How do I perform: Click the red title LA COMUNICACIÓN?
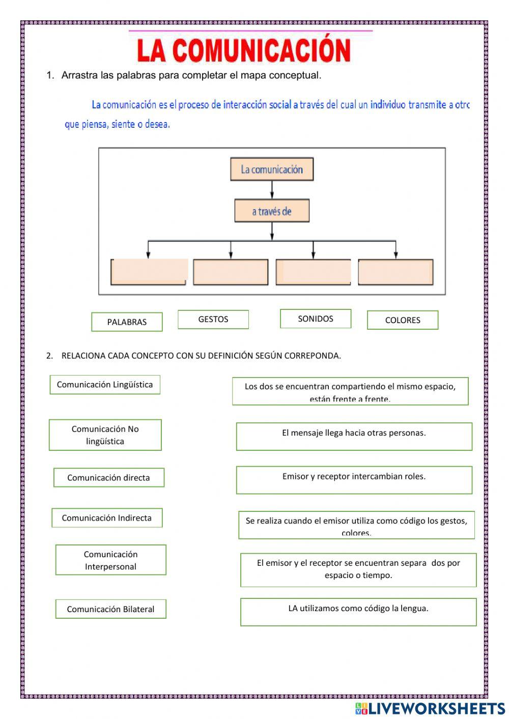[x=244, y=50]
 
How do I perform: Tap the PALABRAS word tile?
[x=127, y=322]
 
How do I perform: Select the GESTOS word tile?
[x=213, y=320]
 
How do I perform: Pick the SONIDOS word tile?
[x=316, y=319]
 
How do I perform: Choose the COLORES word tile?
[x=403, y=320]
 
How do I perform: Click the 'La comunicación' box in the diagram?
[x=272, y=169]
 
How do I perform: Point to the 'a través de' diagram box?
[x=272, y=211]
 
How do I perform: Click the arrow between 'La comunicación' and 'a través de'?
[x=272, y=189]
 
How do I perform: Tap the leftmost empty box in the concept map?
[x=149, y=272]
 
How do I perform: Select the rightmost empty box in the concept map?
[x=395, y=272]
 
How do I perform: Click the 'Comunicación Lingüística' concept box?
[x=105, y=385]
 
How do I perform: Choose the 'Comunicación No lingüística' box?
[x=105, y=435]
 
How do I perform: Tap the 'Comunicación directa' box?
[x=109, y=478]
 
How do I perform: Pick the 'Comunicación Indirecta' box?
[x=107, y=518]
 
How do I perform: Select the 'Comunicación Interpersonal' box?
[x=111, y=560]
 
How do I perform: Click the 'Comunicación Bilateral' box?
[x=111, y=609]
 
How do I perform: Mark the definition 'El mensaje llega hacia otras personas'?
[x=354, y=437]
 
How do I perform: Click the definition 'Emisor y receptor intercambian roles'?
[x=354, y=480]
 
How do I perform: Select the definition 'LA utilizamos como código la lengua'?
[x=358, y=612]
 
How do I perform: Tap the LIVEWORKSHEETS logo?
[x=430, y=708]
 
